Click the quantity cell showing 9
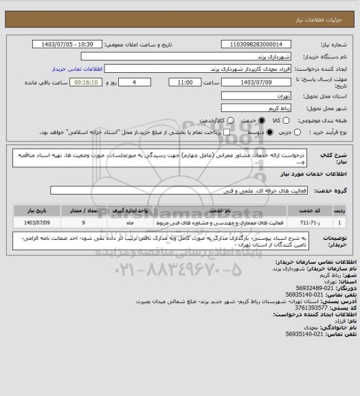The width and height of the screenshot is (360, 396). point(83,223)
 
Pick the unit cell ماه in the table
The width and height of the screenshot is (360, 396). point(129,223)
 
